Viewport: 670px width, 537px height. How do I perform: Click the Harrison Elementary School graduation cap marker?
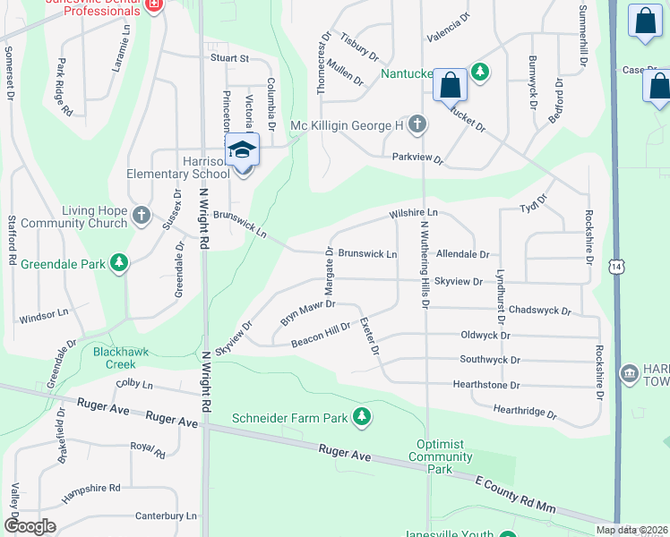tap(242, 149)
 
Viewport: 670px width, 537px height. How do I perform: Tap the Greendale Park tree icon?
tap(118, 263)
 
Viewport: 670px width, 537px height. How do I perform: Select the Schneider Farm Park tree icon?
tap(362, 417)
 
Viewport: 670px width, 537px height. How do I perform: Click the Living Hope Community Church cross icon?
tap(141, 215)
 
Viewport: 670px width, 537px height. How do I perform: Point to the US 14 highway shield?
tap(615, 267)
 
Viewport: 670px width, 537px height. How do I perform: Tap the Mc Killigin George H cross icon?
tap(417, 124)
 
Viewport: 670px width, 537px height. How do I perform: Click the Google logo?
tap(30, 526)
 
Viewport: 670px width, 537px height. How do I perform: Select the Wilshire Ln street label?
tap(413, 214)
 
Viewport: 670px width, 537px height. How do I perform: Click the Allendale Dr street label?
tap(462, 255)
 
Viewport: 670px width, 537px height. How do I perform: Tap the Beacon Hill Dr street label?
tap(320, 334)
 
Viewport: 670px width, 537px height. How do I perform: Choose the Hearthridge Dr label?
tap(525, 412)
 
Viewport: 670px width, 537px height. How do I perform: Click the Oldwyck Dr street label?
tap(485, 336)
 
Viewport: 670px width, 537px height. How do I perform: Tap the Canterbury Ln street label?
tap(165, 516)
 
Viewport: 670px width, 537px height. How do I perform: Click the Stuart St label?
tap(229, 58)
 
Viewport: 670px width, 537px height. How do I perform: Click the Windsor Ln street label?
tap(44, 315)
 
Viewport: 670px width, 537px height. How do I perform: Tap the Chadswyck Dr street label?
tap(539, 311)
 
